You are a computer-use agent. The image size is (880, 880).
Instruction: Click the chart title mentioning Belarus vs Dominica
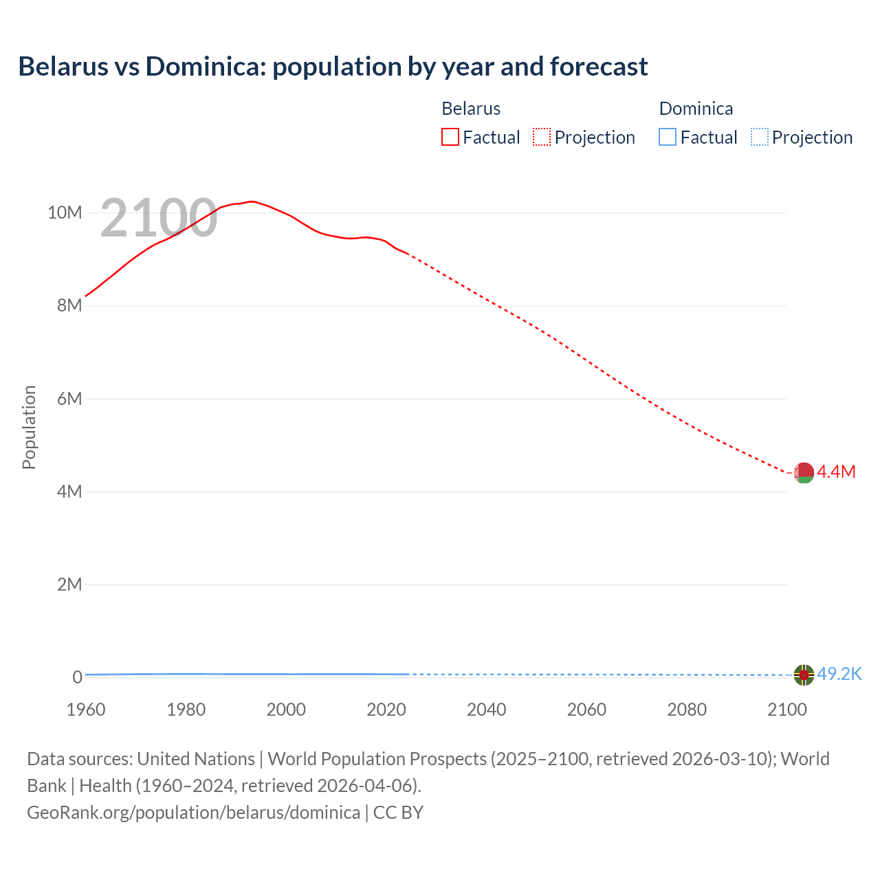click(333, 67)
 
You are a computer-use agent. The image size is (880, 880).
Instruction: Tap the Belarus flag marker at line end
click(804, 473)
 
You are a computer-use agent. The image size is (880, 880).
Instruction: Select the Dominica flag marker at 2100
click(804, 675)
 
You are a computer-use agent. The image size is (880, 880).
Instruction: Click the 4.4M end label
click(836, 472)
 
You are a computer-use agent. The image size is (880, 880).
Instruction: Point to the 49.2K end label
click(839, 674)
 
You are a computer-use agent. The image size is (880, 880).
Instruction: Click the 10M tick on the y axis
click(65, 212)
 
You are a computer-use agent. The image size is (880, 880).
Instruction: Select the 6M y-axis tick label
click(69, 399)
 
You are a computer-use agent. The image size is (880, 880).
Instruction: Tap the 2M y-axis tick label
click(69, 584)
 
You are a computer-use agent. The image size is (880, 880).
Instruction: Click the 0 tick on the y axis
click(77, 677)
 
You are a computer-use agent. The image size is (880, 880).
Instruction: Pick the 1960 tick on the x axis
click(86, 709)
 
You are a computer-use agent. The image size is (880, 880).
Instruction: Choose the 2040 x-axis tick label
click(486, 709)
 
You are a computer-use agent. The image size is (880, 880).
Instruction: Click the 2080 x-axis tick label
click(687, 709)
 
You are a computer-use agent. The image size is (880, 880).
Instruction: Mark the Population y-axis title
click(29, 427)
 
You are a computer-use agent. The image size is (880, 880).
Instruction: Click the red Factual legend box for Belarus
click(450, 137)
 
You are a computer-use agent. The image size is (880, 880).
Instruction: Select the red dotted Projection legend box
click(542, 137)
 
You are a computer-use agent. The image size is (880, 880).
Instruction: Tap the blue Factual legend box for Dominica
click(668, 137)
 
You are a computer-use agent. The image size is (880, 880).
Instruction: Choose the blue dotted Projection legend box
click(759, 137)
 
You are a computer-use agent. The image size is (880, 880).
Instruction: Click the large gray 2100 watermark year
click(159, 219)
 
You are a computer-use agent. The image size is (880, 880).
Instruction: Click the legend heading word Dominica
click(696, 109)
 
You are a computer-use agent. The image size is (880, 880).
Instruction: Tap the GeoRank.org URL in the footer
click(193, 813)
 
